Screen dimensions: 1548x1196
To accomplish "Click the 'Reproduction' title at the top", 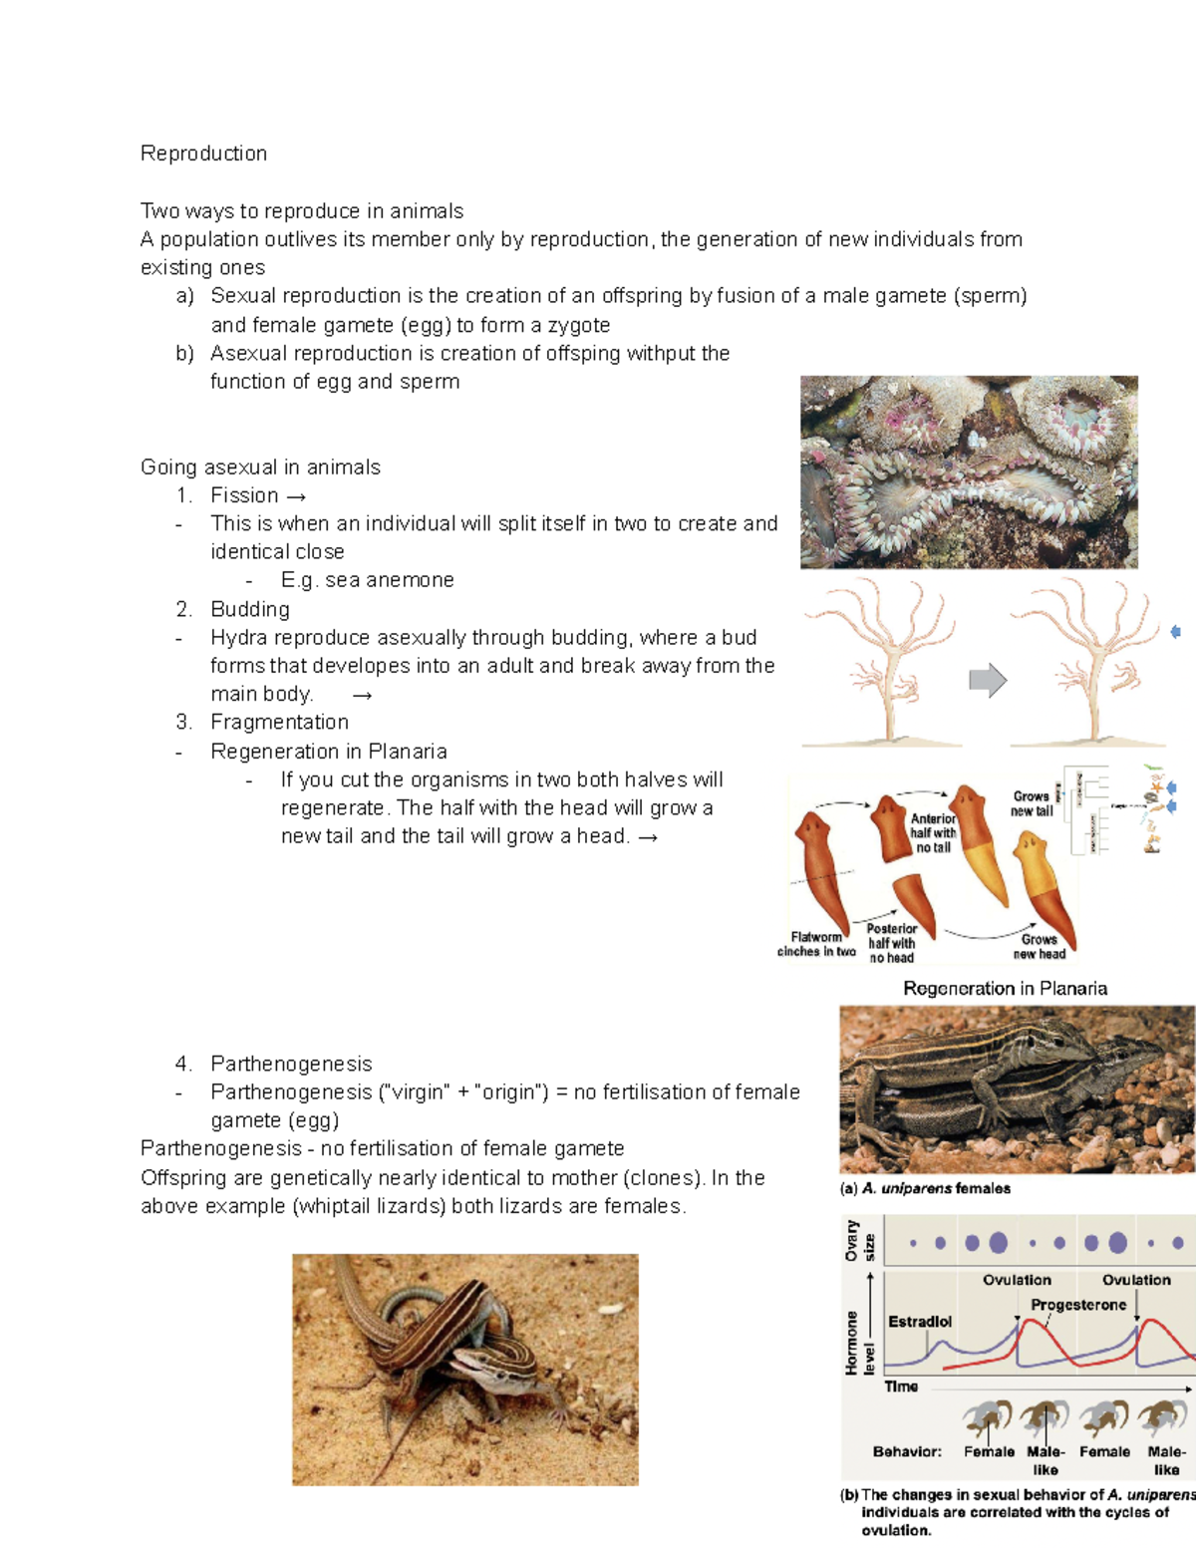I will pos(203,154).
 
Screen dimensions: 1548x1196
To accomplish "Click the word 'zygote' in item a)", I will pos(576,325).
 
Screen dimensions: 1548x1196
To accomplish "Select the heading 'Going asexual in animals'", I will pos(260,467).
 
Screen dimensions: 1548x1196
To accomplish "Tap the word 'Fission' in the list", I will pos(244,495).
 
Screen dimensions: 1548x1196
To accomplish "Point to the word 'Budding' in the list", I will pos(250,609).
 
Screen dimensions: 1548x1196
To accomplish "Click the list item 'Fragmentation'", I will pos(279,722).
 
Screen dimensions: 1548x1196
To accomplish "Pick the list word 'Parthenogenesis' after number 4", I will pos(291,1064).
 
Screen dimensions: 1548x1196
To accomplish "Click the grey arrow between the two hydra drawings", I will pos(988,681).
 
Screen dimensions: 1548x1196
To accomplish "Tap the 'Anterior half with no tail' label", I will pos(933,832).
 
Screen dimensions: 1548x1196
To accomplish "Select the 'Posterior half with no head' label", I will pos(891,943).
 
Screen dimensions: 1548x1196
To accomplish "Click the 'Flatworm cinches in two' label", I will pos(816,944).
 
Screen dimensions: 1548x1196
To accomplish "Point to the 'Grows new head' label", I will pos(1040,946).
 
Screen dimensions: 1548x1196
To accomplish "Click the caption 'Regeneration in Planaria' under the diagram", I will pos(1005,988).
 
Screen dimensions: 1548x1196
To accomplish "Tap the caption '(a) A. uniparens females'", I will pos(925,1188).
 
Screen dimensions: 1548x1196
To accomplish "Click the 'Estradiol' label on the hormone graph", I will pos(919,1322).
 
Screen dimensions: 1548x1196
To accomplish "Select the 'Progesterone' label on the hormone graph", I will pos(1078,1305).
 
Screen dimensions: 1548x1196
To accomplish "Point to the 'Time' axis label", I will pos(901,1387).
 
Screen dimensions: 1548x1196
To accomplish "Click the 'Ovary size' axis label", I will pos(859,1241).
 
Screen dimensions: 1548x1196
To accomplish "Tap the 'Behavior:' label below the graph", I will pos(906,1452).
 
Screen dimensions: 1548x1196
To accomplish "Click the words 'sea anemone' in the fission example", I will pos(389,580).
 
